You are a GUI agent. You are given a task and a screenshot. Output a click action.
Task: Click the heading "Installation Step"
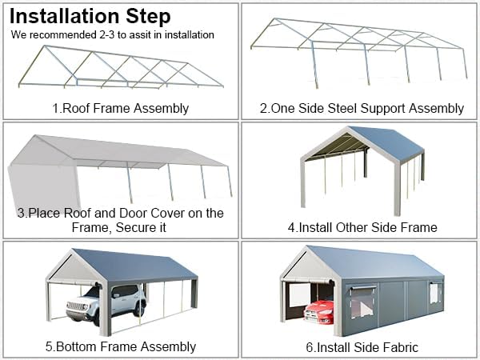click(x=90, y=16)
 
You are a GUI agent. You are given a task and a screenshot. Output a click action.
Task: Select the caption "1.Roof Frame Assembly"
click(x=121, y=108)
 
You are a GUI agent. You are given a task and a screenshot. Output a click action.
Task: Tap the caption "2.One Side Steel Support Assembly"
click(x=362, y=108)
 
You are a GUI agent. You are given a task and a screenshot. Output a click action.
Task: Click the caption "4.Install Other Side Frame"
click(x=362, y=227)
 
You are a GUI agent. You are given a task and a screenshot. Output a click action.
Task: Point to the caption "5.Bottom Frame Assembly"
click(x=121, y=346)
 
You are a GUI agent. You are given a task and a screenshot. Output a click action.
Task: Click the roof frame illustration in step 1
click(x=120, y=68)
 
